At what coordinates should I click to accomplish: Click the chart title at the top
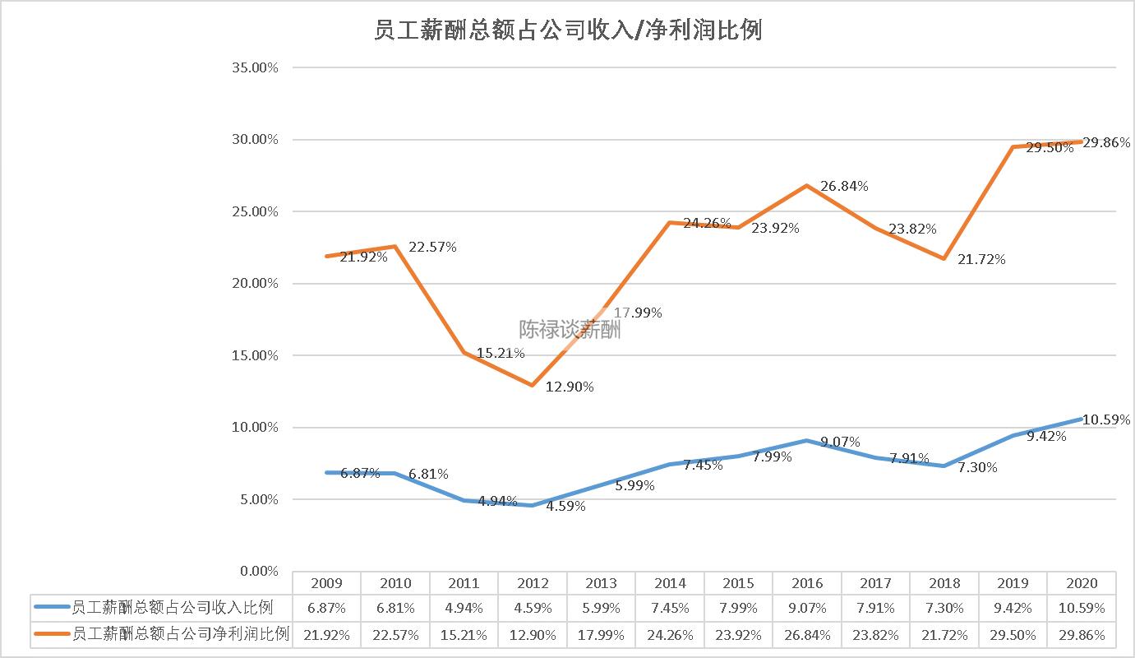(567, 30)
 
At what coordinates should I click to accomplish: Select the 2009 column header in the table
(326, 583)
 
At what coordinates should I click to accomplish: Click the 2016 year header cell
(807, 583)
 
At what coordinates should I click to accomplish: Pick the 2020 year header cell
(1082, 583)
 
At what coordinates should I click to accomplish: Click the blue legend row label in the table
(173, 609)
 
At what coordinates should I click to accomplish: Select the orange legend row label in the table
(181, 634)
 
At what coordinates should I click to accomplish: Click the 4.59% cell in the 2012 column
(533, 609)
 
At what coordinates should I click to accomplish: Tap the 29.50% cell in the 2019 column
(1013, 634)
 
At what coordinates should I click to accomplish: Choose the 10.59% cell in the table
(1082, 609)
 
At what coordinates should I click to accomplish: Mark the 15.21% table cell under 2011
(464, 634)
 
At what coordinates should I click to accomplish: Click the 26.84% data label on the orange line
(844, 186)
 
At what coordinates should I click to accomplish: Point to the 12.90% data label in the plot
(570, 387)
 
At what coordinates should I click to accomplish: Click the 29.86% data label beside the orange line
(1106, 142)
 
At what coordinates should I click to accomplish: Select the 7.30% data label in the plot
(977, 467)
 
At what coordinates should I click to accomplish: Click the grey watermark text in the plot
(570, 330)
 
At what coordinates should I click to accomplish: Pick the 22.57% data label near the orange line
(432, 247)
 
